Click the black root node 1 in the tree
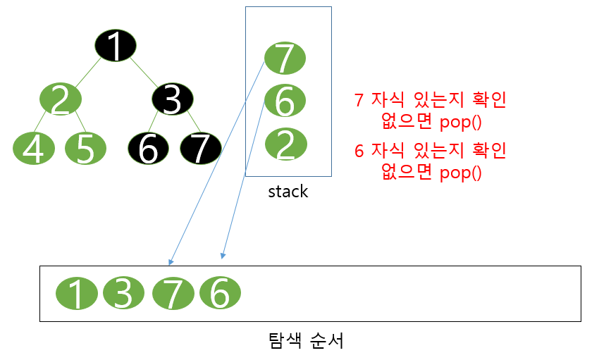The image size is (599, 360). click(x=115, y=46)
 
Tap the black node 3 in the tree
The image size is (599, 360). click(x=173, y=99)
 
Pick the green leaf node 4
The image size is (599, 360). click(x=34, y=148)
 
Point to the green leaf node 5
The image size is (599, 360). click(x=85, y=148)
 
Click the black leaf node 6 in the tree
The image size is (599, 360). click(x=149, y=148)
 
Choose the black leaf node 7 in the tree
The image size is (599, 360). click(x=201, y=148)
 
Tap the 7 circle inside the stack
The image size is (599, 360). click(x=284, y=58)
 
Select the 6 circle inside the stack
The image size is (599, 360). click(x=285, y=101)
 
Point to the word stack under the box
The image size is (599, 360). click(x=288, y=191)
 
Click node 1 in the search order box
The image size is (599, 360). click(x=76, y=294)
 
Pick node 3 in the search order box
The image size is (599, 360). click(x=123, y=292)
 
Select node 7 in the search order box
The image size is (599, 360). click(x=172, y=293)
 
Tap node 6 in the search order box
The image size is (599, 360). click(x=220, y=292)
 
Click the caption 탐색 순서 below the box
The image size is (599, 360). click(x=301, y=342)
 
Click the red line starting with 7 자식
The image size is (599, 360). click(x=430, y=101)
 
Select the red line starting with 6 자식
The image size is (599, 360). click(x=430, y=150)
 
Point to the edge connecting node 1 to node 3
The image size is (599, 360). click(x=144, y=73)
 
